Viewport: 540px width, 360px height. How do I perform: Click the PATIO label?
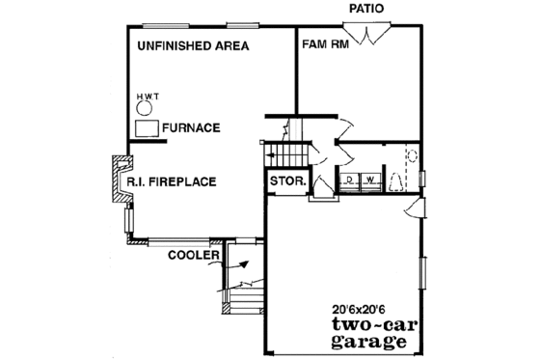(x=366, y=9)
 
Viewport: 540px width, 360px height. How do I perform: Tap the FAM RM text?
(x=326, y=45)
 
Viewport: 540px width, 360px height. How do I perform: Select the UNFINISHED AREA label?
(x=193, y=45)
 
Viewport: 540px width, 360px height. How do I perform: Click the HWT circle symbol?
(x=146, y=108)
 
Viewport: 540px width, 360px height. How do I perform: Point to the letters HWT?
(x=147, y=96)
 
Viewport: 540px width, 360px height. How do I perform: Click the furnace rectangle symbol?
(x=147, y=129)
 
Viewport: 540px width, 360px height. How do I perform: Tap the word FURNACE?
(x=192, y=127)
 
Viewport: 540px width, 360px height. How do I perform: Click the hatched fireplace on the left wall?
(x=121, y=183)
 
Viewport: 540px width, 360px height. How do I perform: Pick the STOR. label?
(x=287, y=181)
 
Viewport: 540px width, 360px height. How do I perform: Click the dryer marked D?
(x=347, y=180)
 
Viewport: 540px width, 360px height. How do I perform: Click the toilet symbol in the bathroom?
(x=398, y=180)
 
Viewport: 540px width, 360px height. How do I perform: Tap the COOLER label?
(x=193, y=256)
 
